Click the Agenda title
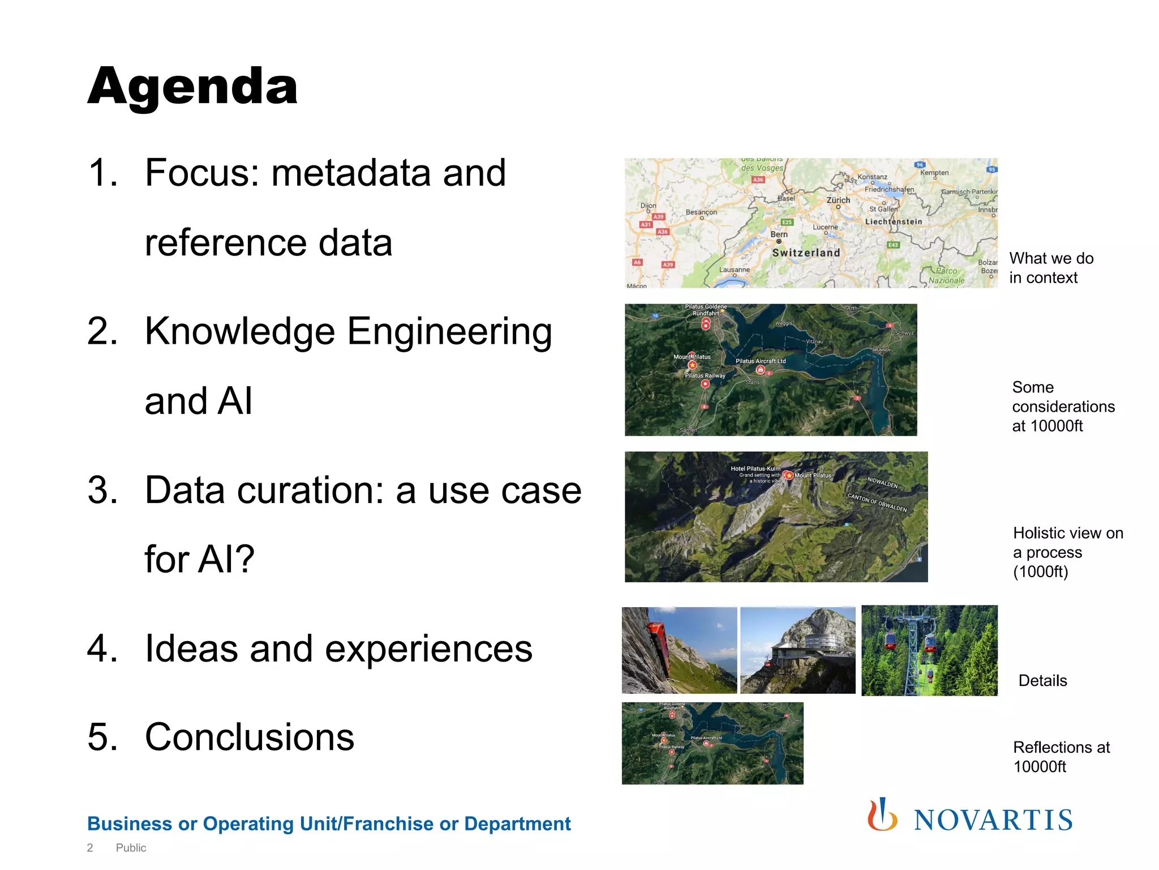pos(192,87)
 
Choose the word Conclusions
pos(249,737)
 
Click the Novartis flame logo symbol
pos(882,816)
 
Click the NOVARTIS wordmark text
pos(993,821)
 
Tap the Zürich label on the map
pos(838,201)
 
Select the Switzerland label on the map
pos(806,253)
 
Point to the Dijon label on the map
pos(648,206)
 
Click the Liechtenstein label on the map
pos(894,222)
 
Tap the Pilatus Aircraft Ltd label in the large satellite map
pos(760,361)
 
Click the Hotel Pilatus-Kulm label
pos(755,468)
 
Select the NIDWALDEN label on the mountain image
pos(882,483)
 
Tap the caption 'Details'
pos(1042,681)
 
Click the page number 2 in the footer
pos(90,848)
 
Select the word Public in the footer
pos(131,848)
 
